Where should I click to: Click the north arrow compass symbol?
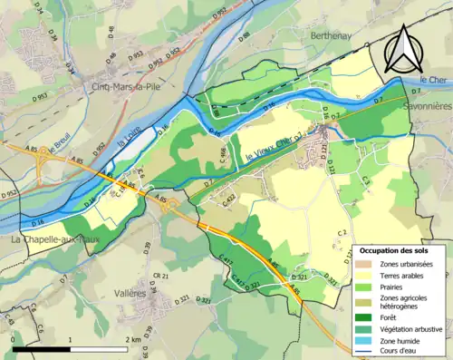coord(400,49)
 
